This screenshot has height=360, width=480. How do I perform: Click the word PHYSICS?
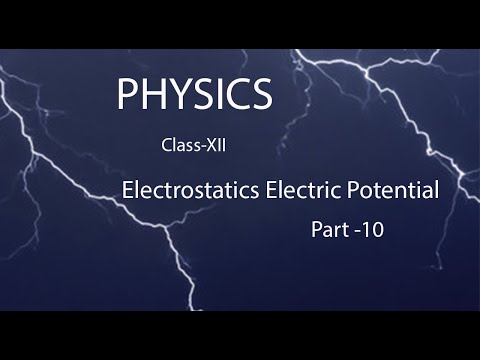coord(193,94)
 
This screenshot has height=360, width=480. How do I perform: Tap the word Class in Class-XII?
coord(178,146)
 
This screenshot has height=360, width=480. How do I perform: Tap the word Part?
coord(329,229)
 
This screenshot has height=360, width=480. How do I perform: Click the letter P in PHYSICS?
coord(126,94)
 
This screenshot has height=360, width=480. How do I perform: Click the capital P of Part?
coord(315,229)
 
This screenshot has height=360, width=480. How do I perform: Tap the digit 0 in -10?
coord(377,229)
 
